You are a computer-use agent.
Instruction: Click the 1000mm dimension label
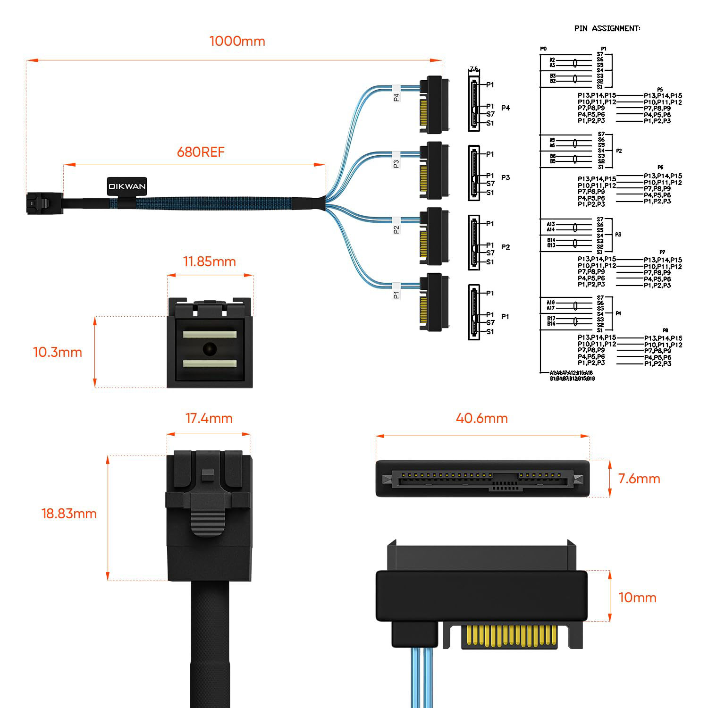[237, 42]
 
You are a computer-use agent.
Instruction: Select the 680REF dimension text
[201, 152]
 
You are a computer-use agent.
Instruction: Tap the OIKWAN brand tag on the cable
[120, 186]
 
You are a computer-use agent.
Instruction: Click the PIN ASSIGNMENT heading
[607, 28]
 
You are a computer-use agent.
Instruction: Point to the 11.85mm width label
[209, 262]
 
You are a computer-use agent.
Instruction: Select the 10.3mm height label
[57, 353]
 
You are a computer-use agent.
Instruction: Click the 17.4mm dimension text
[209, 419]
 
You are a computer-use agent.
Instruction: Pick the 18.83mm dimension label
[69, 514]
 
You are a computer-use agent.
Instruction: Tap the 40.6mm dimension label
[481, 419]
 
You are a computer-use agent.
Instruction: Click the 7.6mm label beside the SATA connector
[639, 479]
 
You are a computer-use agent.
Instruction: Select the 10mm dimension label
[637, 598]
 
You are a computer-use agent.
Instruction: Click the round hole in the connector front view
[209, 349]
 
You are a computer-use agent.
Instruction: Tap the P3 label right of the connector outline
[506, 177]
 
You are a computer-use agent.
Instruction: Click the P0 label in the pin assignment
[543, 49]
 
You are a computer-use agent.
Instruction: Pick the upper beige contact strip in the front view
[209, 334]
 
